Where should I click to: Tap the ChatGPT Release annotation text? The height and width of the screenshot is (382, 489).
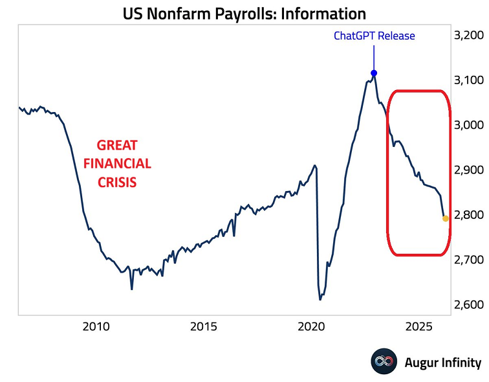point(374,36)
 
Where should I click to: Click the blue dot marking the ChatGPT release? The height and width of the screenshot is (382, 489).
point(374,73)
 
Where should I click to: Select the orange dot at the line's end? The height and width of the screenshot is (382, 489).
point(446,218)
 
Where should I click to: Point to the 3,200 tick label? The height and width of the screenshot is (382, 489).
point(468,35)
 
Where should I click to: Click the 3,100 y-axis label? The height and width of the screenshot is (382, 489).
point(468,80)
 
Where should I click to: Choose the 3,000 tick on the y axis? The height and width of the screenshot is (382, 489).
point(468,125)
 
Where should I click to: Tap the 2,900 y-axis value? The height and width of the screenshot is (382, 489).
point(468,170)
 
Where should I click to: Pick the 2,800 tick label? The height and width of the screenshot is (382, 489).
point(468,214)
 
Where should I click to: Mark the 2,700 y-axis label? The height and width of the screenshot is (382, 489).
point(468,260)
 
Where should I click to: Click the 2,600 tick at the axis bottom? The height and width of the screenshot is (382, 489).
point(468,304)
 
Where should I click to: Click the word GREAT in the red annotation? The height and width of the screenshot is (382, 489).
point(117,145)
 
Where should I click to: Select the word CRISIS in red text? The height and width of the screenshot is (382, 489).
point(117,182)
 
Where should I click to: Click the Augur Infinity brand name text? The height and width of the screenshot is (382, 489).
point(442,363)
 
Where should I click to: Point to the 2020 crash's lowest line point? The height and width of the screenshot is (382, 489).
point(320,299)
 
